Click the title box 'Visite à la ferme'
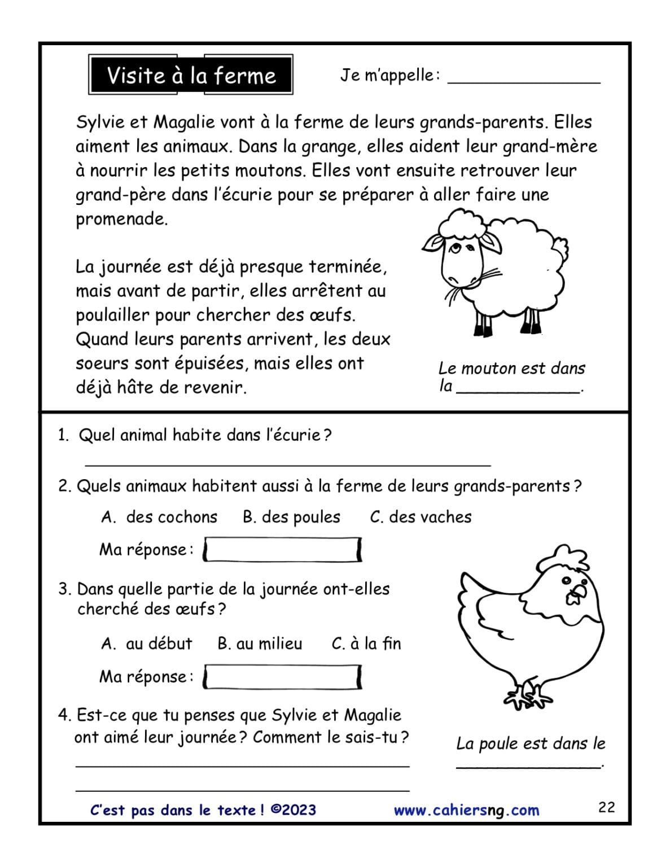pos(191,75)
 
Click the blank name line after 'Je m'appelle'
pos(523,79)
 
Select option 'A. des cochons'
pos(159,517)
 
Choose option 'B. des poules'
pos(291,517)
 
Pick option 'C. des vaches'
pos(421,517)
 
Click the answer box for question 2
pos(282,550)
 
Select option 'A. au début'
pos(147,643)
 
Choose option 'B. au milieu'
pos(260,643)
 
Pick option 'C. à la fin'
pos(366,643)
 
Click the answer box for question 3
pos(282,677)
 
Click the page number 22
pos(606,807)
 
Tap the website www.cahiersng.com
pos(466,811)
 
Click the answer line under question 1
pos(288,463)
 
